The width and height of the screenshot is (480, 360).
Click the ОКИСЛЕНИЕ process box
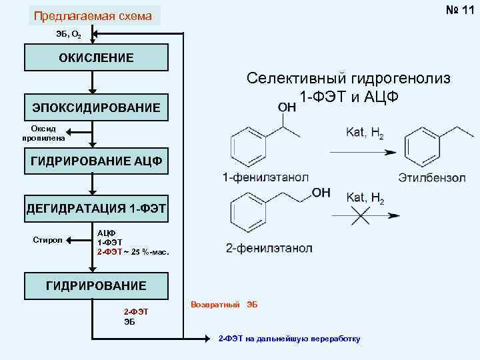(x=95, y=57)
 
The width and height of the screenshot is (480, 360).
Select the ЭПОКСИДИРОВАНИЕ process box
(x=96, y=107)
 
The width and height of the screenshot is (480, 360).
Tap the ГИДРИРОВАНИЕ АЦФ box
(x=96, y=161)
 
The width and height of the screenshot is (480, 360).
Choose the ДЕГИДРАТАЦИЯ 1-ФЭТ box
(x=96, y=209)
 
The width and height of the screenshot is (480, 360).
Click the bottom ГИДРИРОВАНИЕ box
(x=96, y=286)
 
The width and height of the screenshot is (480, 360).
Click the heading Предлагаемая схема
(x=93, y=15)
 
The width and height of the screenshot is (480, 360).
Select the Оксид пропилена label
(x=44, y=133)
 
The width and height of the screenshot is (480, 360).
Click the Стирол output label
(x=47, y=239)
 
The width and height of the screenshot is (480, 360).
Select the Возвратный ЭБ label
(x=224, y=305)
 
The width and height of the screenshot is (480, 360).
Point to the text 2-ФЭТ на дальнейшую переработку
(x=289, y=339)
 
